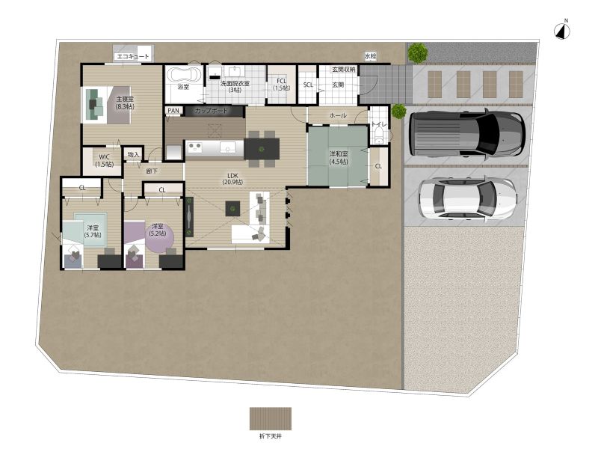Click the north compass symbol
[562, 31]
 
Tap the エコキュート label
[133, 57]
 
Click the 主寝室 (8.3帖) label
[125, 103]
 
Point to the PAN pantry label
[173, 111]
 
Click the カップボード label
[212, 111]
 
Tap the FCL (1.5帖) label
[282, 85]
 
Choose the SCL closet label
[308, 85]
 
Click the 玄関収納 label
[344, 70]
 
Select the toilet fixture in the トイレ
[378, 135]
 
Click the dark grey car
[467, 134]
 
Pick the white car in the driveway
[468, 199]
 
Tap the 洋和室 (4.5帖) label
[339, 158]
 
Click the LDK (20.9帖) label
[232, 179]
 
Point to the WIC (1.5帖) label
[104, 161]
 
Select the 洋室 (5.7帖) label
[93, 231]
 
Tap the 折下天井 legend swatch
[271, 418]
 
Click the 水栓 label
[370, 57]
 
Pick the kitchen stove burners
[195, 147]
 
